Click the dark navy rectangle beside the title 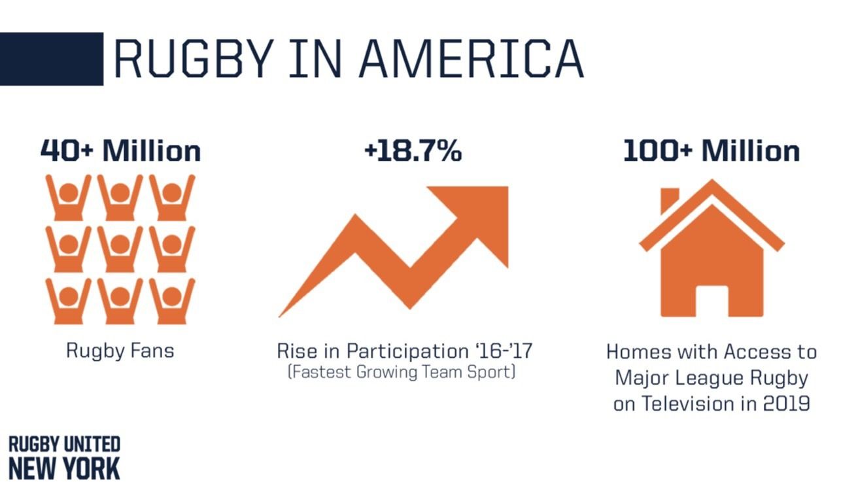point(51,58)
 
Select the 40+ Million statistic point(120,151)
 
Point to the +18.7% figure point(413,151)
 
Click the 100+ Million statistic point(711,151)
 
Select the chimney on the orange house point(669,199)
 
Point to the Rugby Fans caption point(120,351)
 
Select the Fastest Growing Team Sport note point(402,373)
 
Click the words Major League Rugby point(712,377)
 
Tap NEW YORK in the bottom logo point(64,469)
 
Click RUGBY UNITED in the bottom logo point(64,445)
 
